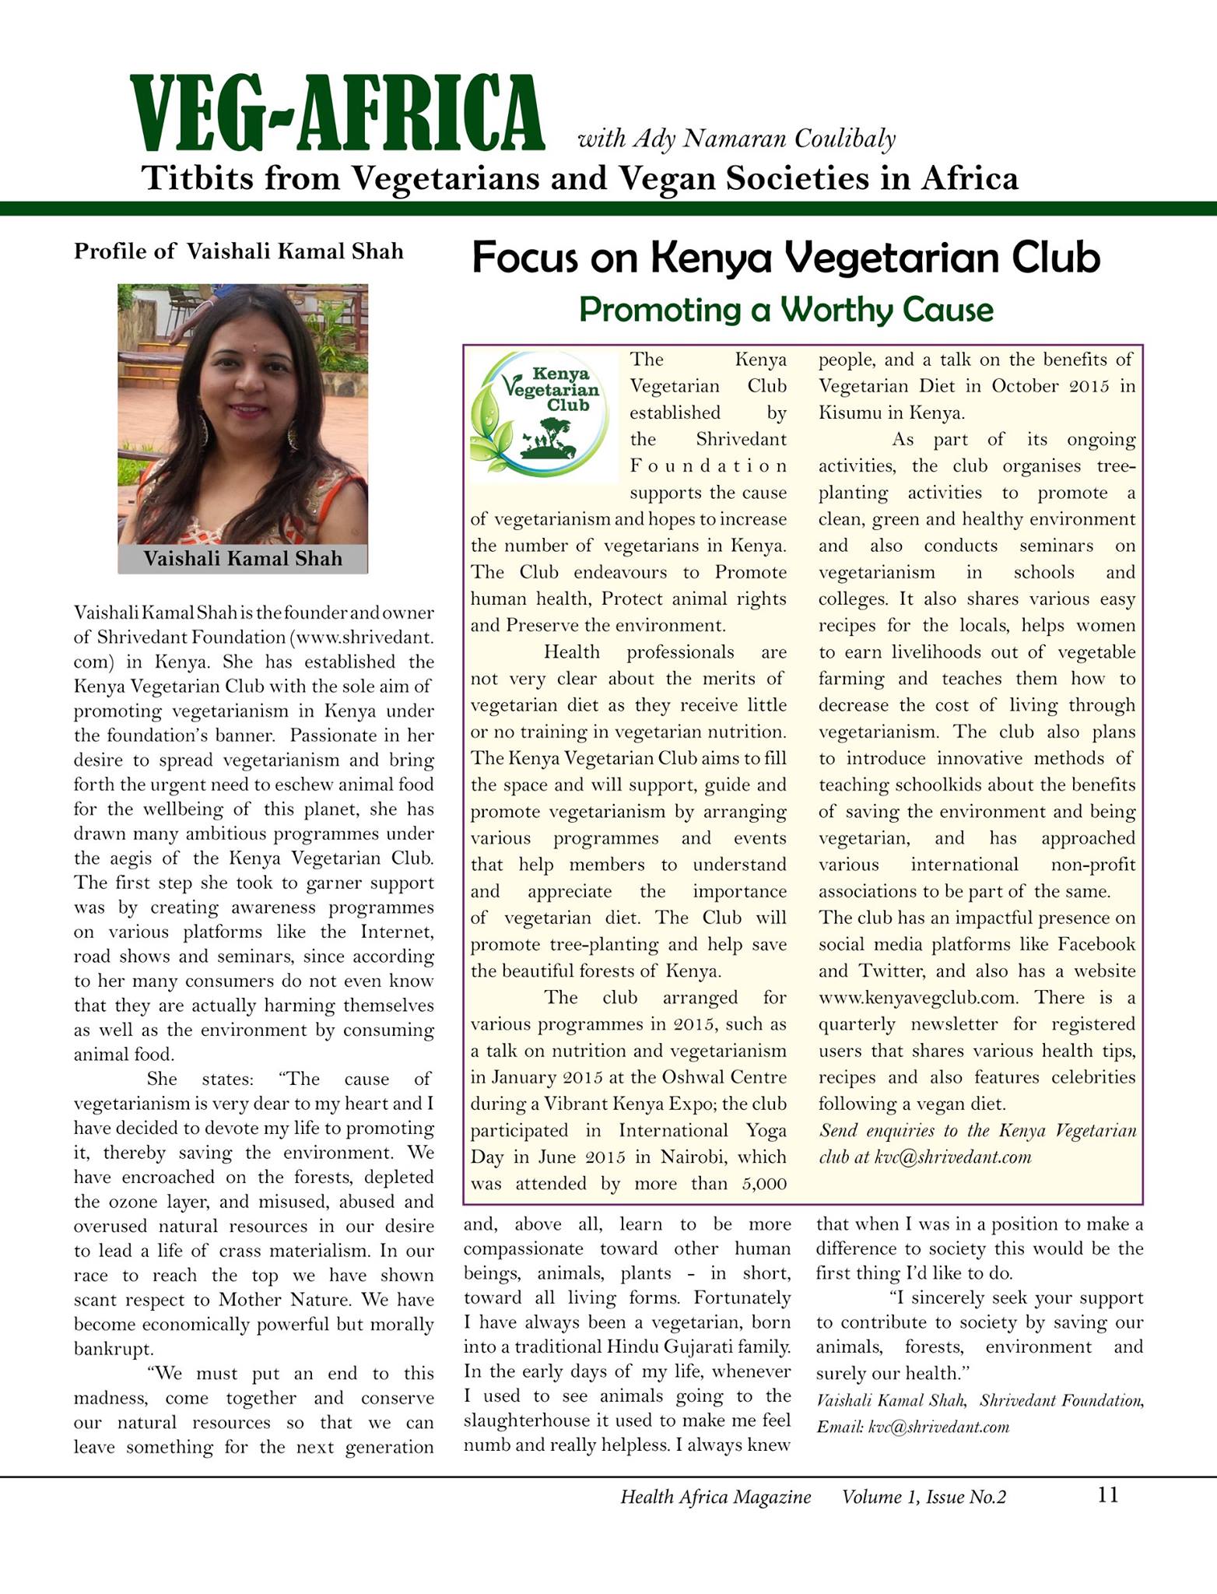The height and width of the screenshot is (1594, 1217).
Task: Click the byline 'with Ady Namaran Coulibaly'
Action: point(736,139)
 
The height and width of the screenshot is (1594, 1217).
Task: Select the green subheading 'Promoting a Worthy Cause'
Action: point(786,310)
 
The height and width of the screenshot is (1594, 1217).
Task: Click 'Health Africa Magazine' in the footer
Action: point(715,1497)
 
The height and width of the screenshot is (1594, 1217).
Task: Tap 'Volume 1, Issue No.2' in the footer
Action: point(924,1497)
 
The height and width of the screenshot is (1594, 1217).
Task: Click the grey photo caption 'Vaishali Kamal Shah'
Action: point(243,559)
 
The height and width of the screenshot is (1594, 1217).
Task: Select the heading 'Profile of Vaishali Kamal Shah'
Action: point(239,251)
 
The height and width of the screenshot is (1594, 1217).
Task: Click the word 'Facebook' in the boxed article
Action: point(1096,945)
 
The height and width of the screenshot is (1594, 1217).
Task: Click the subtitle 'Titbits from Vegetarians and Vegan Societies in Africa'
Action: point(580,179)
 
